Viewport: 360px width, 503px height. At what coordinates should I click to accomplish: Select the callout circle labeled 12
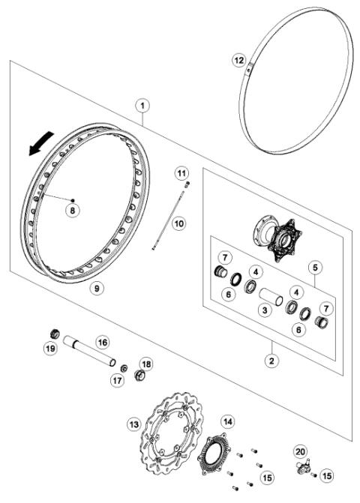[238, 59]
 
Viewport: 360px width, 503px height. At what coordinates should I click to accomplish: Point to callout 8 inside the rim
[72, 211]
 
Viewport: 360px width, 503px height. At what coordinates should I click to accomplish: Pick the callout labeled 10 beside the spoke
[178, 223]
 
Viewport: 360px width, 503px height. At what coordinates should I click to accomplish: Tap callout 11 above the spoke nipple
[181, 174]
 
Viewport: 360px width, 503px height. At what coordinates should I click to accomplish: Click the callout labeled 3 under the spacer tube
[264, 309]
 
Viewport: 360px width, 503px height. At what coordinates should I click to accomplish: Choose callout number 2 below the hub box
[272, 360]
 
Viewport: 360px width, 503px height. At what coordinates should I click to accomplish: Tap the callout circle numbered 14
[226, 422]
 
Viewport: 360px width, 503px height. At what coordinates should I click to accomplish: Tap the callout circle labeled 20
[300, 451]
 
